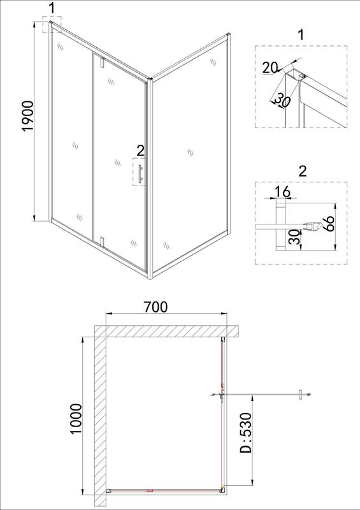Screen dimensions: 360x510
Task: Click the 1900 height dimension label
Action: (x=28, y=117)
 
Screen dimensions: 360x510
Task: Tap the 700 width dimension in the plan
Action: (x=156, y=307)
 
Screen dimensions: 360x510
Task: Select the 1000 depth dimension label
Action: (x=76, y=419)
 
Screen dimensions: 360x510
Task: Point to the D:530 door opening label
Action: (x=246, y=433)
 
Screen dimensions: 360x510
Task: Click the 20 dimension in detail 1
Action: (x=270, y=68)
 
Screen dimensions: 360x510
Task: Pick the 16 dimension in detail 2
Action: (x=282, y=192)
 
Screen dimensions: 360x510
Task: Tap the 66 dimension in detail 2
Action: (x=329, y=224)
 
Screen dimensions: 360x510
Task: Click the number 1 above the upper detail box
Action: (x=301, y=34)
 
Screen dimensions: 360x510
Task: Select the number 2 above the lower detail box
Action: (x=303, y=171)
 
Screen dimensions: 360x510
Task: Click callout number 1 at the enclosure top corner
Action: (x=52, y=9)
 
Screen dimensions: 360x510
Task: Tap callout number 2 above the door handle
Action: (x=140, y=150)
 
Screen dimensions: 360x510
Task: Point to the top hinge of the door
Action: (x=102, y=62)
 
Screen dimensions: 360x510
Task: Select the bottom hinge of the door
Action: (x=102, y=242)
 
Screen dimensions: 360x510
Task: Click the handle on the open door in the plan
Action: (x=301, y=395)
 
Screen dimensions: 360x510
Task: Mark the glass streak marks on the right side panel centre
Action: (x=191, y=152)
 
